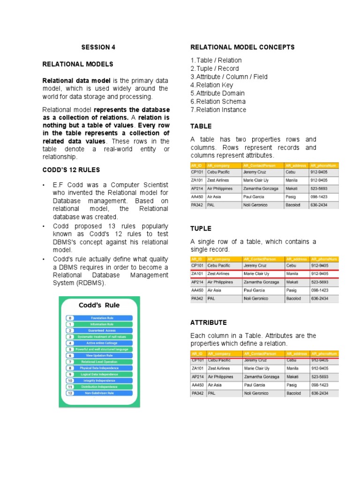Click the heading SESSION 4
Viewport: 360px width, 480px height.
pyautogui.click(x=98, y=47)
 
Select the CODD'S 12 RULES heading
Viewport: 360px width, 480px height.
pyautogui.click(x=71, y=170)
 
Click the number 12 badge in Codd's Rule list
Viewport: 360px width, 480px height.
pyautogui.click(x=70, y=393)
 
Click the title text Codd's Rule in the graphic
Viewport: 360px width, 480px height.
pyautogui.click(x=99, y=305)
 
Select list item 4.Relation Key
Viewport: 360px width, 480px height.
pyautogui.click(x=211, y=85)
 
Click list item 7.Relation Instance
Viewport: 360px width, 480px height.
pyautogui.click(x=218, y=110)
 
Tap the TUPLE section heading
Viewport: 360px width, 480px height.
pyautogui.click(x=201, y=228)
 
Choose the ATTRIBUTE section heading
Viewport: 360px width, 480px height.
pyautogui.click(x=208, y=322)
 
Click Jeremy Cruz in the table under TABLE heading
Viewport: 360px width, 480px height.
pyautogui.click(x=255, y=172)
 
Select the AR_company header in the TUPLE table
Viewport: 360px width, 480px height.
pyautogui.click(x=217, y=259)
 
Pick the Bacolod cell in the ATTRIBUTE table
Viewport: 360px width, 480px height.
pyautogui.click(x=293, y=393)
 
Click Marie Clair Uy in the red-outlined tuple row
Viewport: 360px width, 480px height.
pyautogui.click(x=256, y=274)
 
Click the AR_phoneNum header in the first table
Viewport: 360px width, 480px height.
pyautogui.click(x=323, y=165)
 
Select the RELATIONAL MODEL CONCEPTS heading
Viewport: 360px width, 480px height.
pyautogui.click(x=242, y=47)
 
